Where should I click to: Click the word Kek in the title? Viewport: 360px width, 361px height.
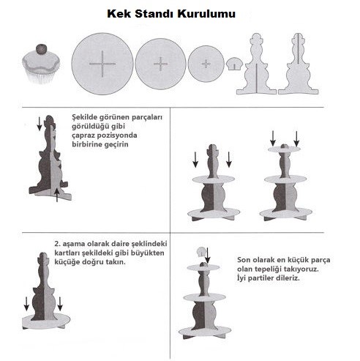coord(120,13)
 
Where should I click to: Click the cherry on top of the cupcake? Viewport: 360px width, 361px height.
coord(41,49)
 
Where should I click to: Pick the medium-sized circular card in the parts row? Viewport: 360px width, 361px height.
coord(160,64)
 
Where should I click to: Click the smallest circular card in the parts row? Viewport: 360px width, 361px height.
coord(205,64)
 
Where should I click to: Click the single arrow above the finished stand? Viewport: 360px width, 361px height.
coord(208,256)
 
